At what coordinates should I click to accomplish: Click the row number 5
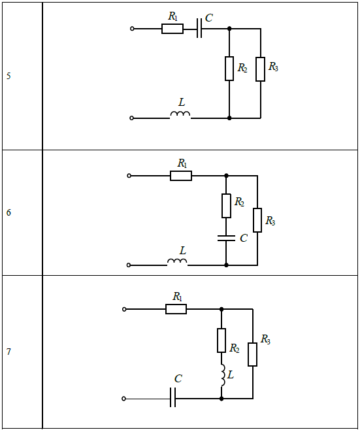tap(8, 76)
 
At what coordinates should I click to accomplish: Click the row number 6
tap(8, 212)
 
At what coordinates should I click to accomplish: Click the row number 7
tap(8, 352)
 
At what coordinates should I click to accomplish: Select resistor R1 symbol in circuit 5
tap(172, 29)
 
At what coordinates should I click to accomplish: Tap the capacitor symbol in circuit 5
tap(199, 28)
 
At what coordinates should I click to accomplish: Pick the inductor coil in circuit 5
tap(180, 115)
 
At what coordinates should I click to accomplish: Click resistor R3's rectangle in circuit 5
tap(260, 69)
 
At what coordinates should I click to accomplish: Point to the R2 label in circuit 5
tap(242, 68)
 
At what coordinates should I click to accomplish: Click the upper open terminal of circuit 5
tap(132, 29)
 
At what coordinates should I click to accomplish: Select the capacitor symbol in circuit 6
tap(226, 238)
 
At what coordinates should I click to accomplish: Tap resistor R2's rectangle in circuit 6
tap(226, 206)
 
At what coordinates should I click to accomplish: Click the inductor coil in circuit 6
tap(177, 262)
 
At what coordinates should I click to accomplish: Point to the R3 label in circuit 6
tap(270, 220)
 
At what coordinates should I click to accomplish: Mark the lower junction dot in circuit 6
tap(226, 265)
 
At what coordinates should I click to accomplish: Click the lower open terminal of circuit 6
tap(129, 265)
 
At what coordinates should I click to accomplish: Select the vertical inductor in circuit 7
tap(223, 375)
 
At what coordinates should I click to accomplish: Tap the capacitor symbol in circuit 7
tap(172, 397)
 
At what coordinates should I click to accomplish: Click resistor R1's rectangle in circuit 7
tap(176, 309)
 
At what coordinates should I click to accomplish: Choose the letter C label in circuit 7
tap(178, 379)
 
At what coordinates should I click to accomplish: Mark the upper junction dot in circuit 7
tap(221, 309)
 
